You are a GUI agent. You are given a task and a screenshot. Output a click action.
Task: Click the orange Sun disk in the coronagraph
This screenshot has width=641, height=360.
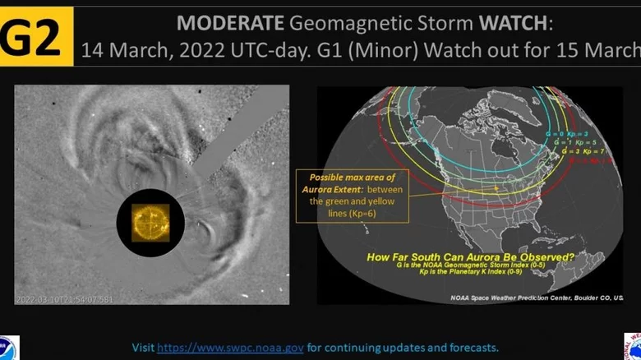tap(150, 220)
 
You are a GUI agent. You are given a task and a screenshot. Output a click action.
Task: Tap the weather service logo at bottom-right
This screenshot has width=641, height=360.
tap(632, 345)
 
